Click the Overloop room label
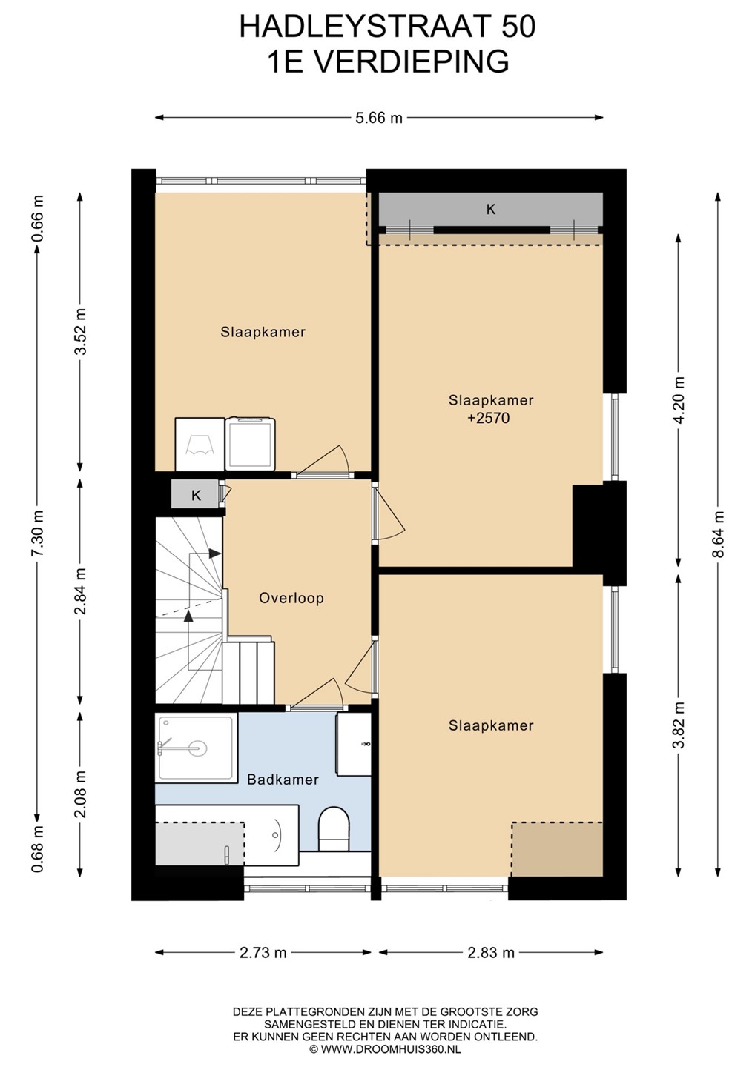click(x=291, y=598)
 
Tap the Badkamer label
click(x=283, y=780)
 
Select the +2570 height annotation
click(x=489, y=418)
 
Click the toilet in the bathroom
click(x=334, y=830)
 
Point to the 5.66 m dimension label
click(x=379, y=117)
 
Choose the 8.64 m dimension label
click(x=719, y=533)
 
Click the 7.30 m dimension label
click(x=39, y=533)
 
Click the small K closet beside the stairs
click(x=196, y=496)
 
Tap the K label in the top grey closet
click(x=490, y=209)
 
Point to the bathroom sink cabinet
click(x=354, y=744)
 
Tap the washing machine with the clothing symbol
click(x=200, y=445)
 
